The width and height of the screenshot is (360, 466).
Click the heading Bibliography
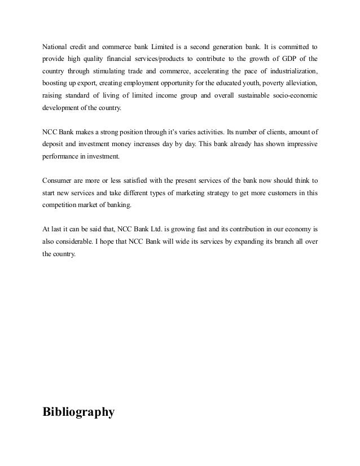tap(78, 413)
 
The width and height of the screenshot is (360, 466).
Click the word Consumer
tap(58, 182)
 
